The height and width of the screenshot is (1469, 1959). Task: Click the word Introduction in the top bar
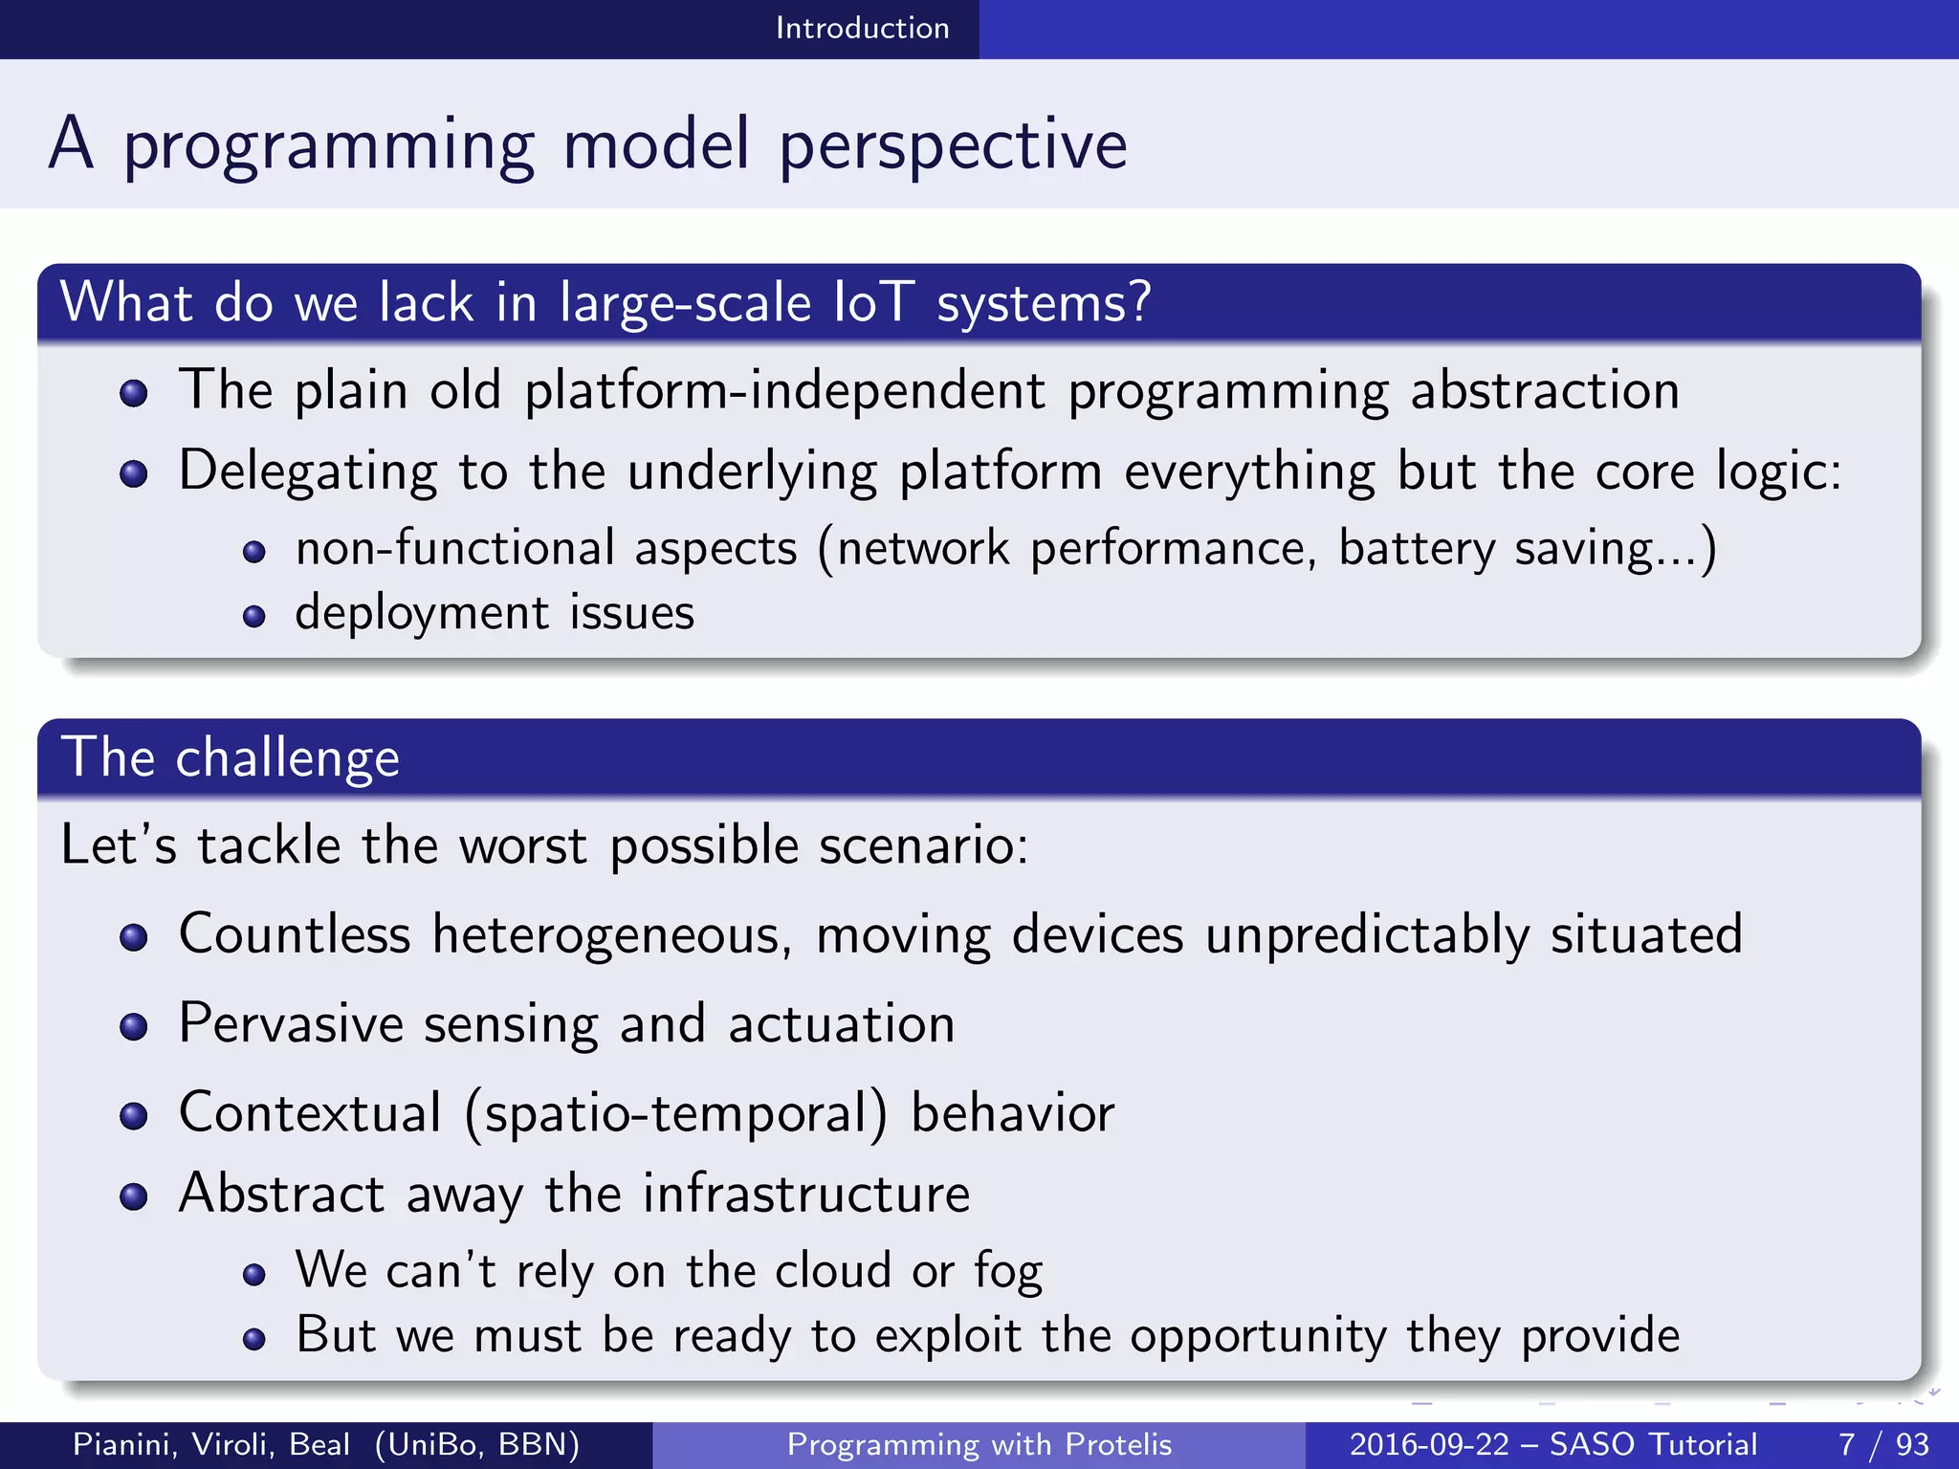click(862, 28)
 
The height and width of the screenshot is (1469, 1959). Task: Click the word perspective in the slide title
click(953, 145)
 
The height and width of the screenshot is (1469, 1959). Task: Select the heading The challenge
click(230, 757)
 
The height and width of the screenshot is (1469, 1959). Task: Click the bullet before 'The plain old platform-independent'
click(134, 393)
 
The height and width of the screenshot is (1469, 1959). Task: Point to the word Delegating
click(308, 471)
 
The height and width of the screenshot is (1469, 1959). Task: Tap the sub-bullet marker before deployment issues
click(253, 616)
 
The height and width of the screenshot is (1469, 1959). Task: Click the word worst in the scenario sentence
click(522, 846)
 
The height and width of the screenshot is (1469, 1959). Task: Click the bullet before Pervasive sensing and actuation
click(134, 1027)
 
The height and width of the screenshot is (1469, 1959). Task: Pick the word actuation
click(841, 1024)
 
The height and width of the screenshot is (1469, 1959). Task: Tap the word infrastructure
click(805, 1194)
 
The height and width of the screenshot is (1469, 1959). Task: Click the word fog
click(1007, 1272)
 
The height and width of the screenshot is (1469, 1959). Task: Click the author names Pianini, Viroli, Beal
click(211, 1444)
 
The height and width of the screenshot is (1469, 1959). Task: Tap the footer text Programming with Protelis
click(979, 1444)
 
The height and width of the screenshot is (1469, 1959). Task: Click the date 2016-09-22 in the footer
click(1428, 1444)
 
